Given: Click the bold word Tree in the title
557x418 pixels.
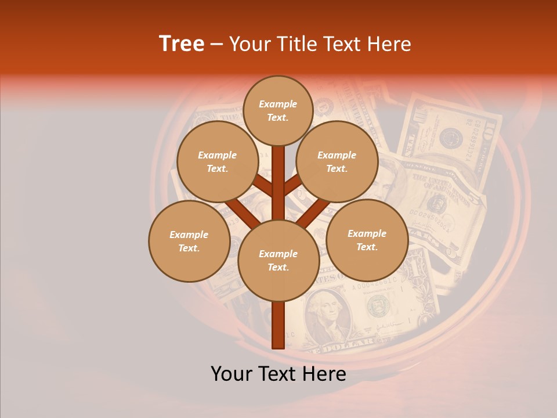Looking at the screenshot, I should pyautogui.click(x=182, y=44).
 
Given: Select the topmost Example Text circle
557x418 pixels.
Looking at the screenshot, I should pyautogui.click(x=278, y=110).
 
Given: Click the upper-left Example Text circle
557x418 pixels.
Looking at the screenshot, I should pyautogui.click(x=218, y=161).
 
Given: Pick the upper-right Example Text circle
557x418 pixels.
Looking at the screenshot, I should pyautogui.click(x=337, y=161).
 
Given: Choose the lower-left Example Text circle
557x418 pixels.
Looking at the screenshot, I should pyautogui.click(x=189, y=241).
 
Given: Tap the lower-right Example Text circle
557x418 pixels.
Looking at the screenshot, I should pyautogui.click(x=367, y=240).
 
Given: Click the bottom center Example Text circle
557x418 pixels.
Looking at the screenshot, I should pyautogui.click(x=278, y=260).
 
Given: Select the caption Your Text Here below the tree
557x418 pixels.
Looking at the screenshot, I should pyautogui.click(x=278, y=374).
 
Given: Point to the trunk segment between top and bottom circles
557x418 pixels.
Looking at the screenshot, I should pyautogui.click(x=278, y=183).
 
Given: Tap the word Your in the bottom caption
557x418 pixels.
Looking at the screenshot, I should pyautogui.click(x=232, y=374).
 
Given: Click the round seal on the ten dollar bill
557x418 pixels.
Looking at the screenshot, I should pyautogui.click(x=450, y=138).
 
